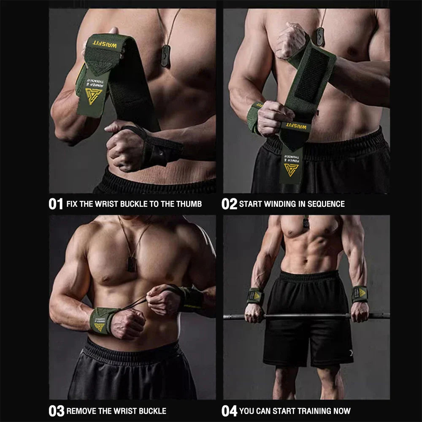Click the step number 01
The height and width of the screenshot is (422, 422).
coord(56,204)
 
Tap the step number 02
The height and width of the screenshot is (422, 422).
coord(229,204)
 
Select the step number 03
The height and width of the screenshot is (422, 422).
coord(57,411)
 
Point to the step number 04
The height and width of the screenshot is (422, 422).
coord(230,411)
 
